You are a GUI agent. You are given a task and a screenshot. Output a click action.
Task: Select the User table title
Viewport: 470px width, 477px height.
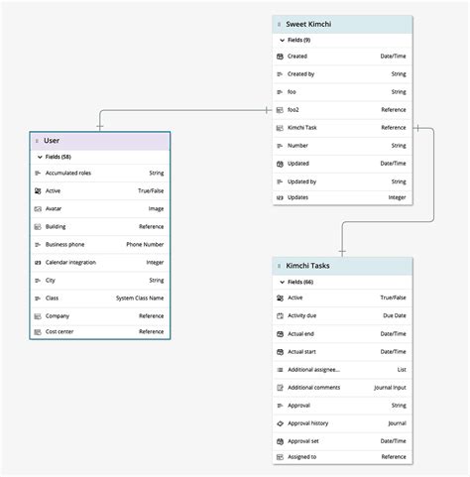(53, 141)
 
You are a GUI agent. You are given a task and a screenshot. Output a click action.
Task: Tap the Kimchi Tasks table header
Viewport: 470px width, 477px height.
(309, 266)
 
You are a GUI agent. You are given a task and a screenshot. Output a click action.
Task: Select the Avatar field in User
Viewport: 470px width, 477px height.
(56, 209)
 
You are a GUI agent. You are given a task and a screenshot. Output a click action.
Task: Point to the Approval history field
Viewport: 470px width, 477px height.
(308, 422)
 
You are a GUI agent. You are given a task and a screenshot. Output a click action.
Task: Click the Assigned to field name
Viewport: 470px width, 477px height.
(302, 457)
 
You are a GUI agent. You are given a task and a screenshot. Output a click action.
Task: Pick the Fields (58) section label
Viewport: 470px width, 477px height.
(59, 157)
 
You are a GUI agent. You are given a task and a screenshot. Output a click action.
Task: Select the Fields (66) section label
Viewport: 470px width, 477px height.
(300, 282)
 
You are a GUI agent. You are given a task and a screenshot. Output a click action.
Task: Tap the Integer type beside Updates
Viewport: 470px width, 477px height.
(397, 197)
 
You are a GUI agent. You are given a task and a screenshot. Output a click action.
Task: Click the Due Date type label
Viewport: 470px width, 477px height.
(394, 315)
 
